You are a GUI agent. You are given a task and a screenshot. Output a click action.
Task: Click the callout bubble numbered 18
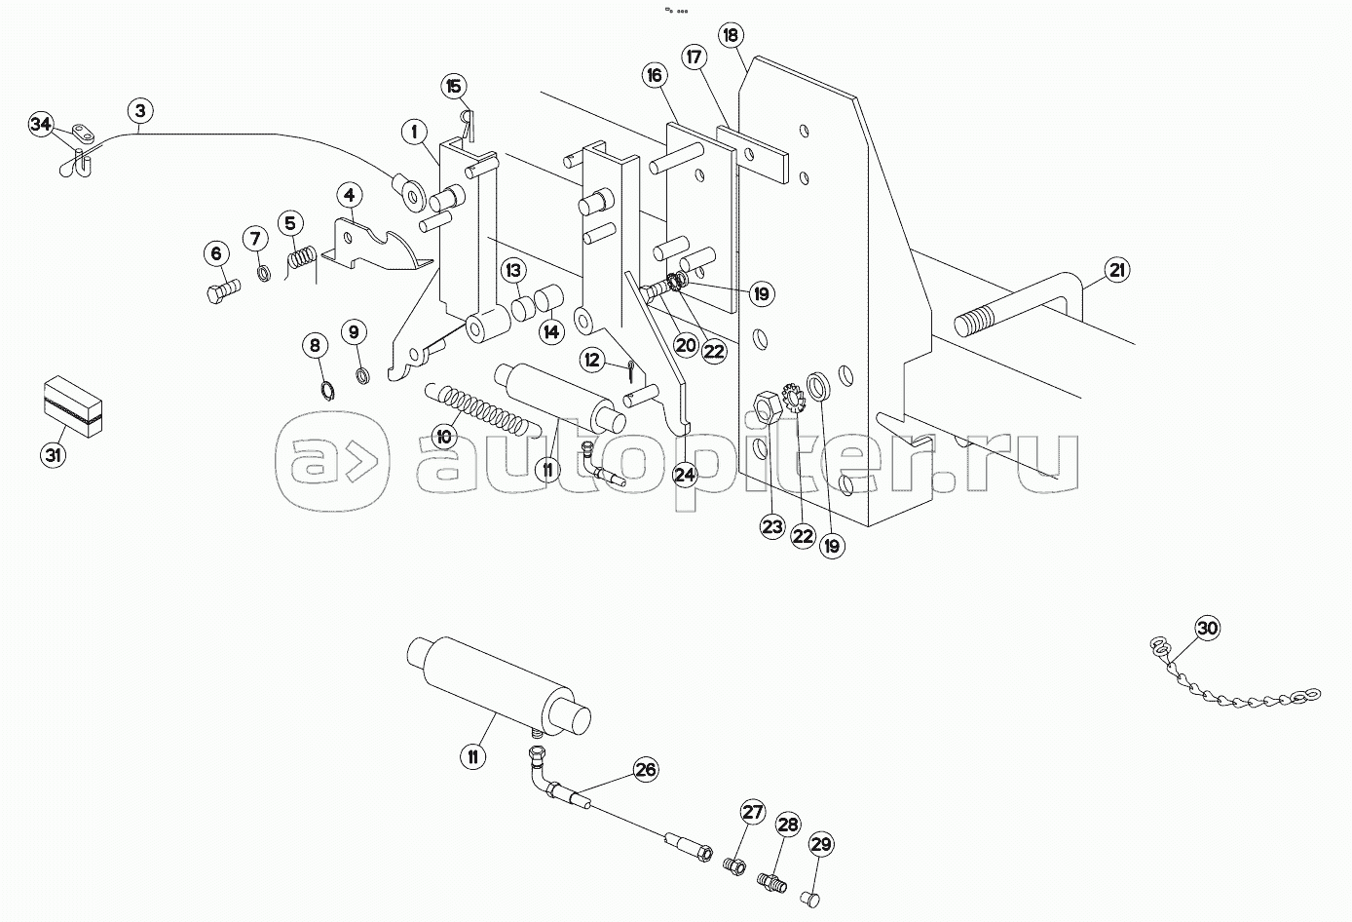click(731, 35)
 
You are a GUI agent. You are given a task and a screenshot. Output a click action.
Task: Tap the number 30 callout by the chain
click(1206, 629)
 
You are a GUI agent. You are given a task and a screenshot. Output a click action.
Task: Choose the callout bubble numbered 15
click(454, 86)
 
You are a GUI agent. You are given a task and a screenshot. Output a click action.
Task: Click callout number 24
click(686, 475)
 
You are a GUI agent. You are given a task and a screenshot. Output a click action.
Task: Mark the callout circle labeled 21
click(1116, 270)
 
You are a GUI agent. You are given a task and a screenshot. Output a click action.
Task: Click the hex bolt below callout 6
click(223, 290)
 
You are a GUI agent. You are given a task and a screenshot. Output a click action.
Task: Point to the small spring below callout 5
click(301, 263)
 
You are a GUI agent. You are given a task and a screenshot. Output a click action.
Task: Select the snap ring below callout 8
click(328, 392)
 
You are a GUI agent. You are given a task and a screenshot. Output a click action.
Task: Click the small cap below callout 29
click(807, 896)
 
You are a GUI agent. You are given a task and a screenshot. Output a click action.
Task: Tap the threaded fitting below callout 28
click(771, 883)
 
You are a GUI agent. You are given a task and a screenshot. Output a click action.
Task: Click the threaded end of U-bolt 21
click(974, 322)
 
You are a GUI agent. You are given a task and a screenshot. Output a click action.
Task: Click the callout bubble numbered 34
click(40, 125)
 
